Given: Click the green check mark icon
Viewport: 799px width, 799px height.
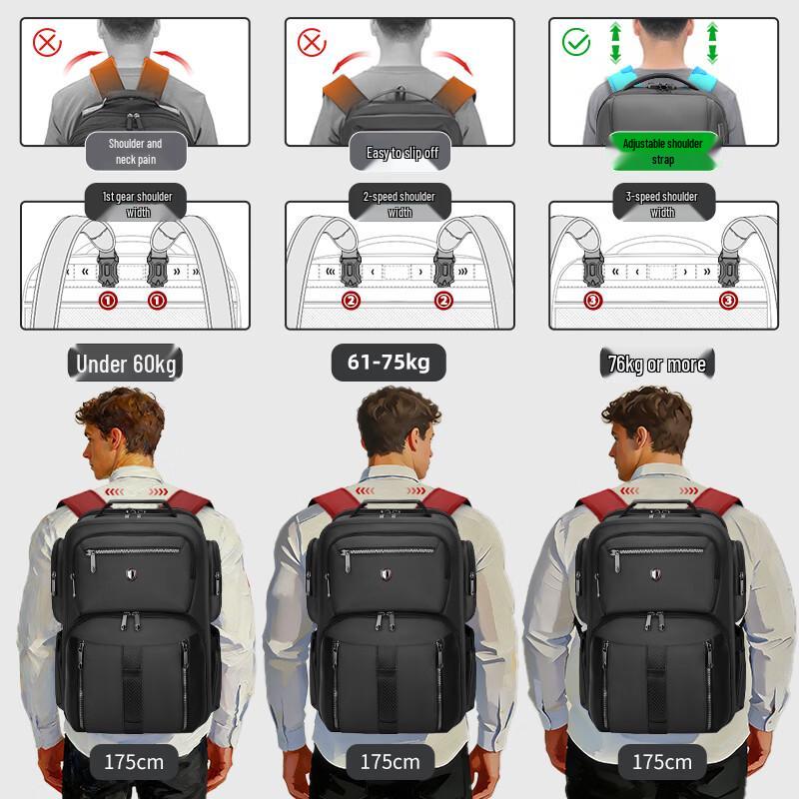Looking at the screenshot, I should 576,41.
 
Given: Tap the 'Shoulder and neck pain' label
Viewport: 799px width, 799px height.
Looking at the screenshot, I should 135,151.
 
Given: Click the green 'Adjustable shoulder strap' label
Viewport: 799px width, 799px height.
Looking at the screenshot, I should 662,151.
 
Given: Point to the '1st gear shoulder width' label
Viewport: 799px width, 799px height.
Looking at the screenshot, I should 137,204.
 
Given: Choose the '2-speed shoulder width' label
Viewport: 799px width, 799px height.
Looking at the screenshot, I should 399,204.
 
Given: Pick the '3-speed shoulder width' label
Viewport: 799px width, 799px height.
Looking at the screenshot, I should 662,204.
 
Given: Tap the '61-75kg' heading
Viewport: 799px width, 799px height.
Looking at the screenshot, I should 389,362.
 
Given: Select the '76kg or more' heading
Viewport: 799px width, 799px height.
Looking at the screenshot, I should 656,365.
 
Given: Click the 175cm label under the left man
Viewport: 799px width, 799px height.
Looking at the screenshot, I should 134,762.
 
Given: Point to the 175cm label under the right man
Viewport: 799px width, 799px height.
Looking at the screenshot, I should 661,762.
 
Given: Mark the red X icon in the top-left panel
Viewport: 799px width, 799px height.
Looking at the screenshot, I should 47,42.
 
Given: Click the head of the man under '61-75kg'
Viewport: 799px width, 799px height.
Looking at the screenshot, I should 399,429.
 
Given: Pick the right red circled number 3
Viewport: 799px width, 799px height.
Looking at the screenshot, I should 727,299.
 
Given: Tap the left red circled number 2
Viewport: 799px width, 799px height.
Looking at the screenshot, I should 350,300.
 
